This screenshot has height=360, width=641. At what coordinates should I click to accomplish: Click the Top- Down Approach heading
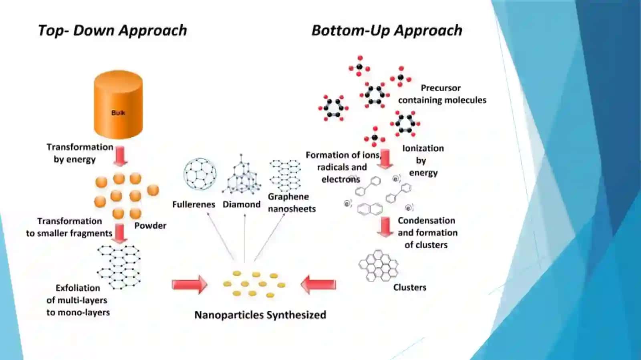pos(113,30)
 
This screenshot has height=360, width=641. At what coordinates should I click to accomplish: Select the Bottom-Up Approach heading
pos(387,30)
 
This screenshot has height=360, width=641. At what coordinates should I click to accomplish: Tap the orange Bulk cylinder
pos(118,105)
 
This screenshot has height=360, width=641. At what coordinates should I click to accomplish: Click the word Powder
pos(150,225)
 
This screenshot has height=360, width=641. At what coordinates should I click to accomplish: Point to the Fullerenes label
pos(194,205)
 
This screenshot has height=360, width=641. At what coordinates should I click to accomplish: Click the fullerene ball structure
pos(200,174)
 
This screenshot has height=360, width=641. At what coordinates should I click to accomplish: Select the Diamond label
pos(242,205)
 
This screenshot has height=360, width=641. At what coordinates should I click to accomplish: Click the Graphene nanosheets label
pos(292,203)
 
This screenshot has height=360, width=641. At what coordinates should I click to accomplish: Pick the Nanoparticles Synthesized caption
pos(260,315)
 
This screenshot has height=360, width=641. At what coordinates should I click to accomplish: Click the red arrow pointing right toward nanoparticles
pos(189,284)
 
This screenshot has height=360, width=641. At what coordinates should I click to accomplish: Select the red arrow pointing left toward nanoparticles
pos(318,284)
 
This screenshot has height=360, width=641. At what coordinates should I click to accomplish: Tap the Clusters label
pos(410,288)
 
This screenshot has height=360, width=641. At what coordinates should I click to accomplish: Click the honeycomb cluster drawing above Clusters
pos(378,265)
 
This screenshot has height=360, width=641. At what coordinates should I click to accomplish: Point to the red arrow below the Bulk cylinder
pos(121,156)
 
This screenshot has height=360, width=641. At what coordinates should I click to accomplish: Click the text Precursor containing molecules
pos(442,94)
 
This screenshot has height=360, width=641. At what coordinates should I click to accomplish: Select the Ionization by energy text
pos(423,161)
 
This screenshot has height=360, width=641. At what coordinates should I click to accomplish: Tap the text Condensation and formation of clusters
pos(427,233)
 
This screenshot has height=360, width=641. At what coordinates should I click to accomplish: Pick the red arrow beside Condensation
pos(385,227)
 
